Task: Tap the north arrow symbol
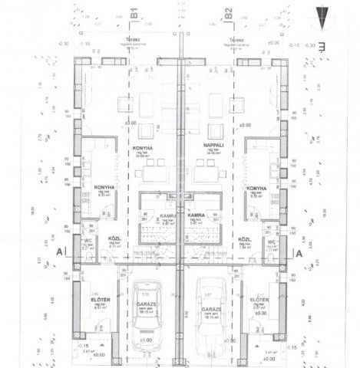(321, 18)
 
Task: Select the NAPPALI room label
(213, 143)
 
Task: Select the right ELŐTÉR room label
(259, 301)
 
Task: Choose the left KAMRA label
(167, 217)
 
